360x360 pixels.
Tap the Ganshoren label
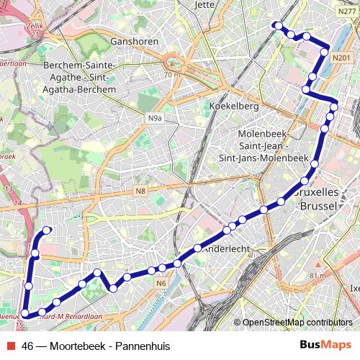135,41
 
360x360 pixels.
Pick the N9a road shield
154,118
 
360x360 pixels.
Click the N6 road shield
161,284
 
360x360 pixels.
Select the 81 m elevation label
317,275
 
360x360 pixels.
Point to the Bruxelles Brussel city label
317,199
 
